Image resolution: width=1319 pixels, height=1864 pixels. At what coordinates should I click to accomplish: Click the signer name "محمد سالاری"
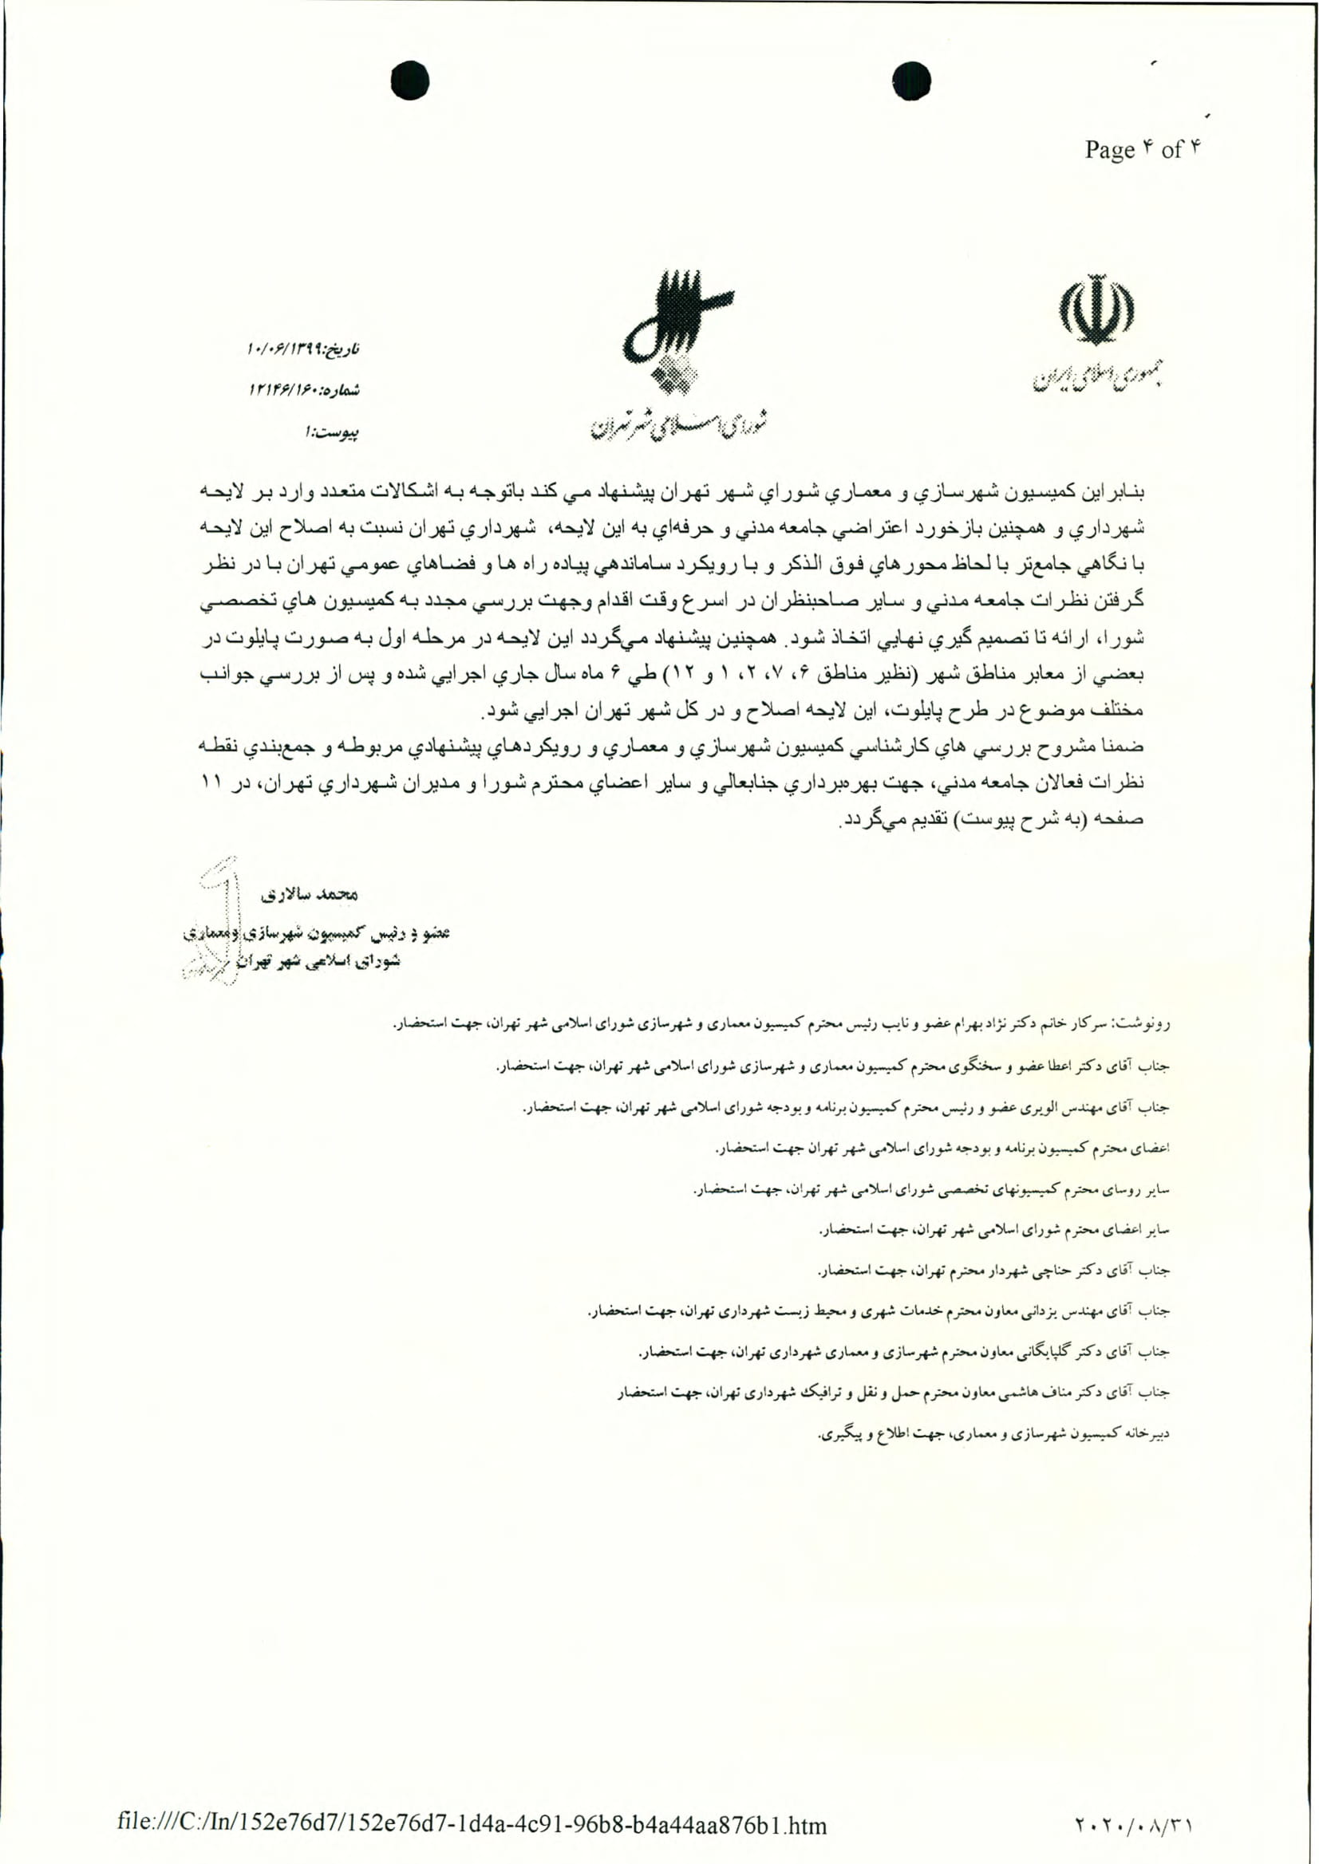(309, 896)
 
